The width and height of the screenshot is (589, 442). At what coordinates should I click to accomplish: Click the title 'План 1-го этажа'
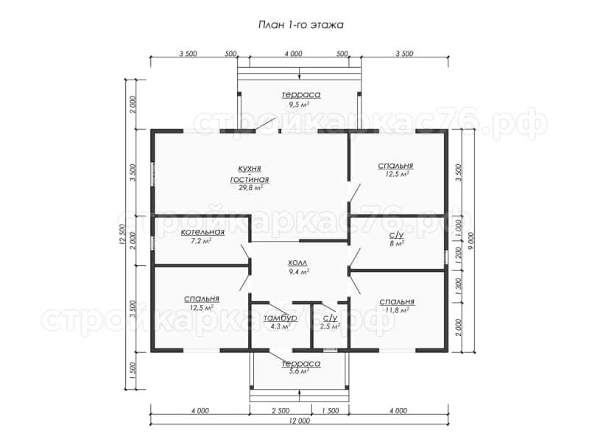click(301, 25)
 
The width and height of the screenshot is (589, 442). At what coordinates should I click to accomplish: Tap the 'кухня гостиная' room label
click(250, 174)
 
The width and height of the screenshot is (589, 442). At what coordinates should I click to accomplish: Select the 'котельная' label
click(203, 232)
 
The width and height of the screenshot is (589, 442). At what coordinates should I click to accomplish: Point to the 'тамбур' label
click(281, 318)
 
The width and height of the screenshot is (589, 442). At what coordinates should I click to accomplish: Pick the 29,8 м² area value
click(250, 188)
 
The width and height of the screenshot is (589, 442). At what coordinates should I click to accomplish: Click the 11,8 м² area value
click(397, 310)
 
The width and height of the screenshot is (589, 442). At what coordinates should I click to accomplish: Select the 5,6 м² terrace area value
click(299, 371)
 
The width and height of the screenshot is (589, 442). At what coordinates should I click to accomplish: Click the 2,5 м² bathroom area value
click(329, 326)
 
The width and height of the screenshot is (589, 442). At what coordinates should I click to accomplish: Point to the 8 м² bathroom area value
click(397, 244)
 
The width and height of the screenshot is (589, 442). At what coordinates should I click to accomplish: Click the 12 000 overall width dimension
click(300, 421)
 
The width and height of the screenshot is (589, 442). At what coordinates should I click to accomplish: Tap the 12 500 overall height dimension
click(121, 235)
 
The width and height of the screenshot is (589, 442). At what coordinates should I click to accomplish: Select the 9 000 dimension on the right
click(472, 241)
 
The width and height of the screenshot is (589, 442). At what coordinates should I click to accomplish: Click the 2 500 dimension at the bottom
click(281, 411)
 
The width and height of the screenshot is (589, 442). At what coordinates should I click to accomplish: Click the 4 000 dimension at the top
click(293, 54)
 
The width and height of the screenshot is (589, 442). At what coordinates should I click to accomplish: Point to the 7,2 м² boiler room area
click(201, 241)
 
